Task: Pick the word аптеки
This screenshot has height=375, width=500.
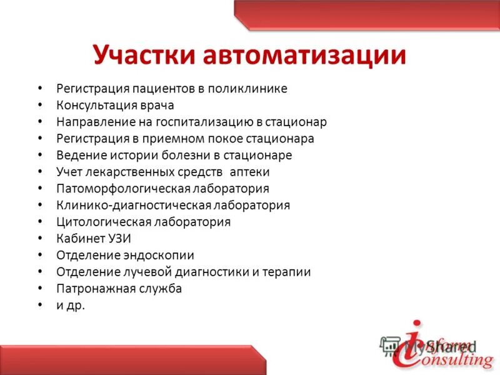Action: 249,172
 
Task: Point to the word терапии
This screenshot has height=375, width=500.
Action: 289,272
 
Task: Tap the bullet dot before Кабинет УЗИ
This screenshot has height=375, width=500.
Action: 41,239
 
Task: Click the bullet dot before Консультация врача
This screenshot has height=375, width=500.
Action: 41,106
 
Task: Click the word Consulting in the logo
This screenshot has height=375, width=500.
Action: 451,359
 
